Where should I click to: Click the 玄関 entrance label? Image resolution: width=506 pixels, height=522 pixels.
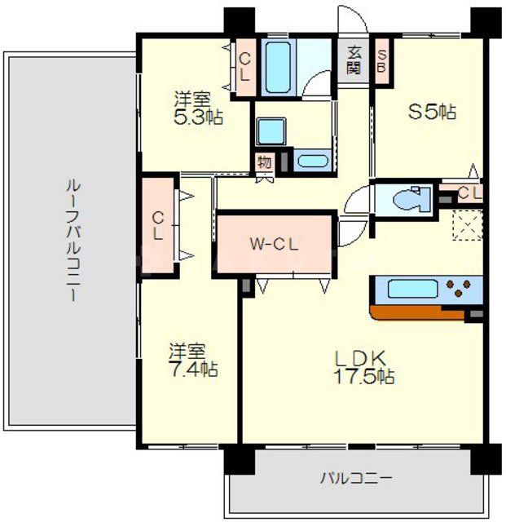tap(354, 60)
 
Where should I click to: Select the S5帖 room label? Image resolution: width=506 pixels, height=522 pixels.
tap(431, 113)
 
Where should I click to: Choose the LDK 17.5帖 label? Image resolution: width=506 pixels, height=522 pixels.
tap(363, 367)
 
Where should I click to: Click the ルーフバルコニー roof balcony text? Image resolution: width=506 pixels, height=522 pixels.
tap(72, 241)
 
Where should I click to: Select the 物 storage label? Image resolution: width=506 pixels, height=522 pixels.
tap(264, 161)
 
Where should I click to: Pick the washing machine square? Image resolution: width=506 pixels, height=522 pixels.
tap(267, 130)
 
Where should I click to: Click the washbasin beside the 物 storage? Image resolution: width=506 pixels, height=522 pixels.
tap(310, 160)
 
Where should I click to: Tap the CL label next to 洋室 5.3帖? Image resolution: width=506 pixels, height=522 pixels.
tap(244, 66)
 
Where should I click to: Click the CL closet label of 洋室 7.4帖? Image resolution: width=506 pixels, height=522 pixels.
tap(158, 224)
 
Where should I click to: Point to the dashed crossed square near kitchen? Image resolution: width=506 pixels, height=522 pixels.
tap(468, 225)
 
